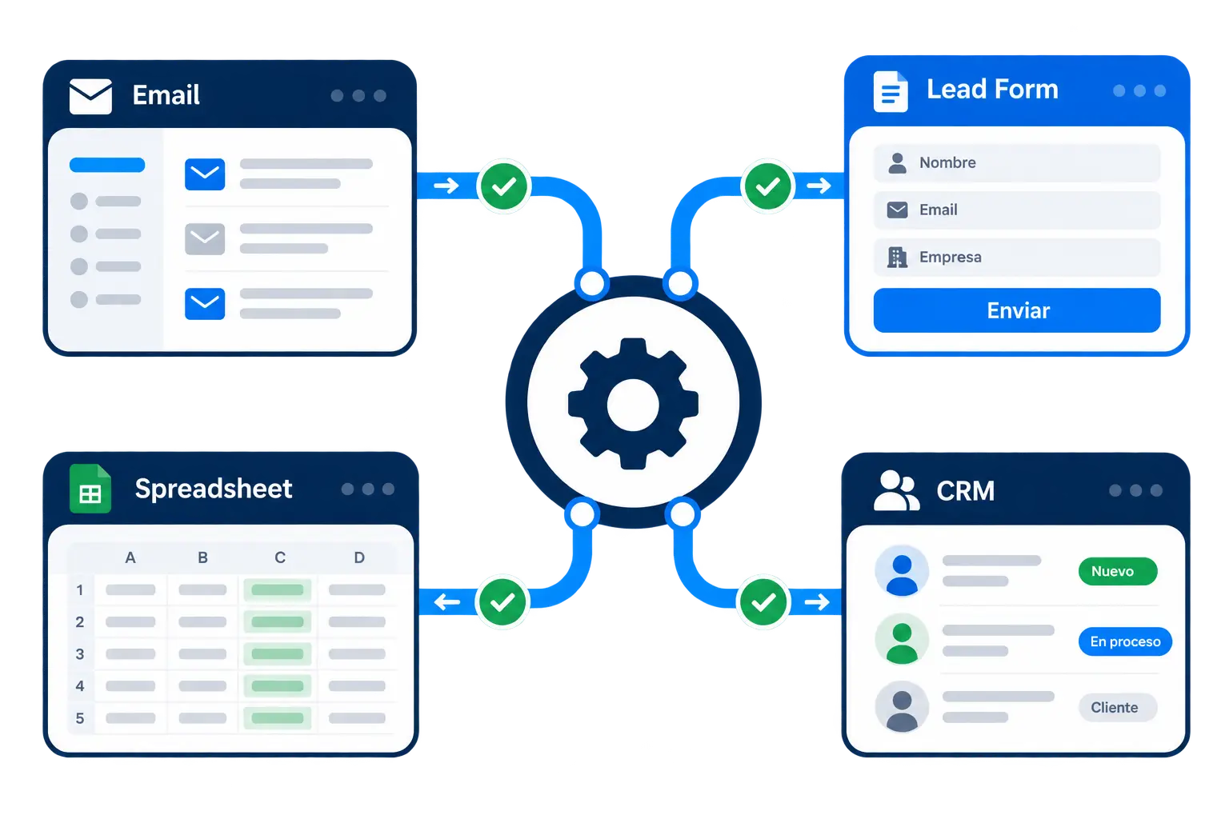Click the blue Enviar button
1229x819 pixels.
[1017, 310]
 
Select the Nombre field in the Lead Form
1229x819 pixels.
[1017, 162]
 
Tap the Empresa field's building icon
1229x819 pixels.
[897, 257]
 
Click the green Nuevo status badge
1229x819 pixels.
[1118, 571]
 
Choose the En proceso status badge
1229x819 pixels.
[1125, 641]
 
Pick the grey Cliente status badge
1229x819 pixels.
[1117, 707]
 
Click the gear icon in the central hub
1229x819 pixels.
[633, 404]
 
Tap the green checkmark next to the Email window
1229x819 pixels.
[503, 186]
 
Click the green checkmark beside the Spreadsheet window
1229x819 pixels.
[502, 602]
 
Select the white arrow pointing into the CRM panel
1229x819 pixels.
[817, 602]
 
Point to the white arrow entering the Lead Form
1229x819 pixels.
[819, 186]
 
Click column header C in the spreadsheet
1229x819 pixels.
[280, 558]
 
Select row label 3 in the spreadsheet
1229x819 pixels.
[80, 654]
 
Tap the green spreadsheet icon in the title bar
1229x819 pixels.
[90, 488]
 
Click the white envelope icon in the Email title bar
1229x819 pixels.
[90, 96]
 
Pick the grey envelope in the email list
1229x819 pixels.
[205, 238]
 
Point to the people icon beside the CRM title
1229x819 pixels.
[896, 490]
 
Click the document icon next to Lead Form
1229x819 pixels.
[890, 92]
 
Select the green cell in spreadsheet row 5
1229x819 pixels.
[277, 718]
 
